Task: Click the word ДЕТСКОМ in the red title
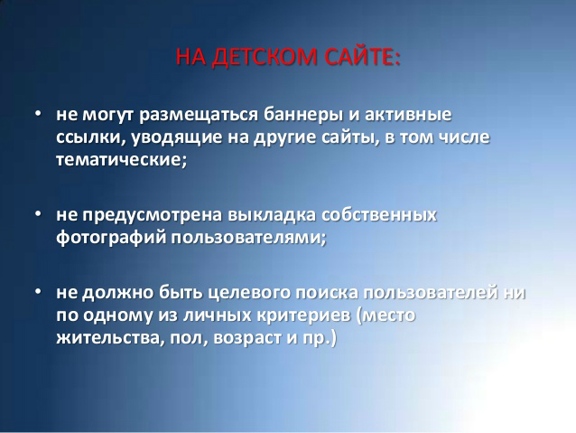click(265, 57)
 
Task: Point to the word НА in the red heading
click(191, 57)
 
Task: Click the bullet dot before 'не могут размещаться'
click(38, 113)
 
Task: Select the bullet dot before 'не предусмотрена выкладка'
click(38, 213)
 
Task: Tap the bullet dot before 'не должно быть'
click(38, 291)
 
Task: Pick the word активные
click(408, 114)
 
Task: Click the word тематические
click(122, 160)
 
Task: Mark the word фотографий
click(112, 238)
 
